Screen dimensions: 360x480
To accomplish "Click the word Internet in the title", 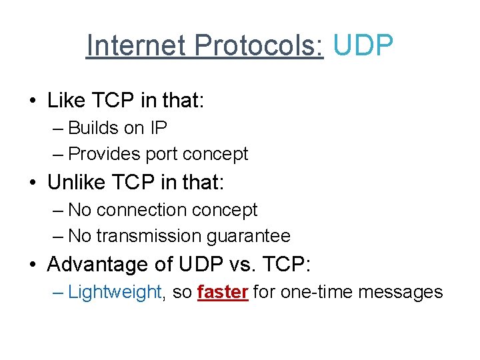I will click(x=137, y=45).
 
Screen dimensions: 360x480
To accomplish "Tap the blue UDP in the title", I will click(x=363, y=45).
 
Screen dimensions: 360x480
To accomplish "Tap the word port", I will click(x=161, y=154).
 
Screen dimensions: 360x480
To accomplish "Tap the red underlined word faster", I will click(x=223, y=292).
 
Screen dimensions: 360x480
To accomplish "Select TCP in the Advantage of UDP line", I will click(x=288, y=265).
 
